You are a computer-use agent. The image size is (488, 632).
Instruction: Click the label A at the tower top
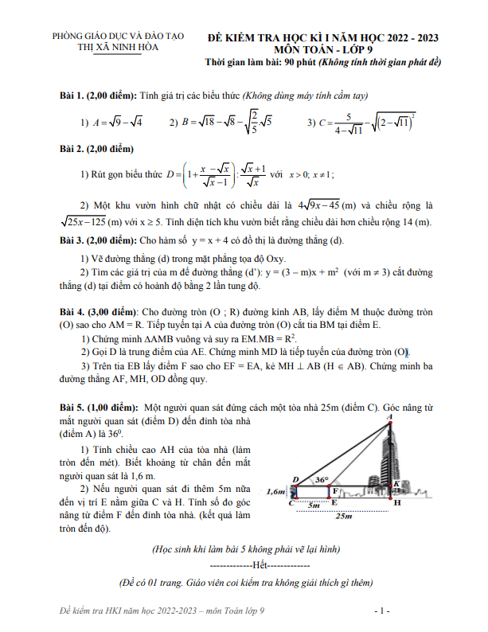pos(388,415)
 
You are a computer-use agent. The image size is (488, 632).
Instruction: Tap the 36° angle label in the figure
pos(322,481)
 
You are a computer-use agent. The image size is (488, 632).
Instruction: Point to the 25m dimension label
pos(343,517)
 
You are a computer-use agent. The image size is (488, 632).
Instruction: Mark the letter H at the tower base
pos(397,503)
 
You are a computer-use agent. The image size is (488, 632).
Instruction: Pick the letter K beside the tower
pos(396,483)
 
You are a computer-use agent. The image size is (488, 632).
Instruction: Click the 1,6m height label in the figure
pos(277,492)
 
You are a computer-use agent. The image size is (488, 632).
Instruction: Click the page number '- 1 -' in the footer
pos(381,611)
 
